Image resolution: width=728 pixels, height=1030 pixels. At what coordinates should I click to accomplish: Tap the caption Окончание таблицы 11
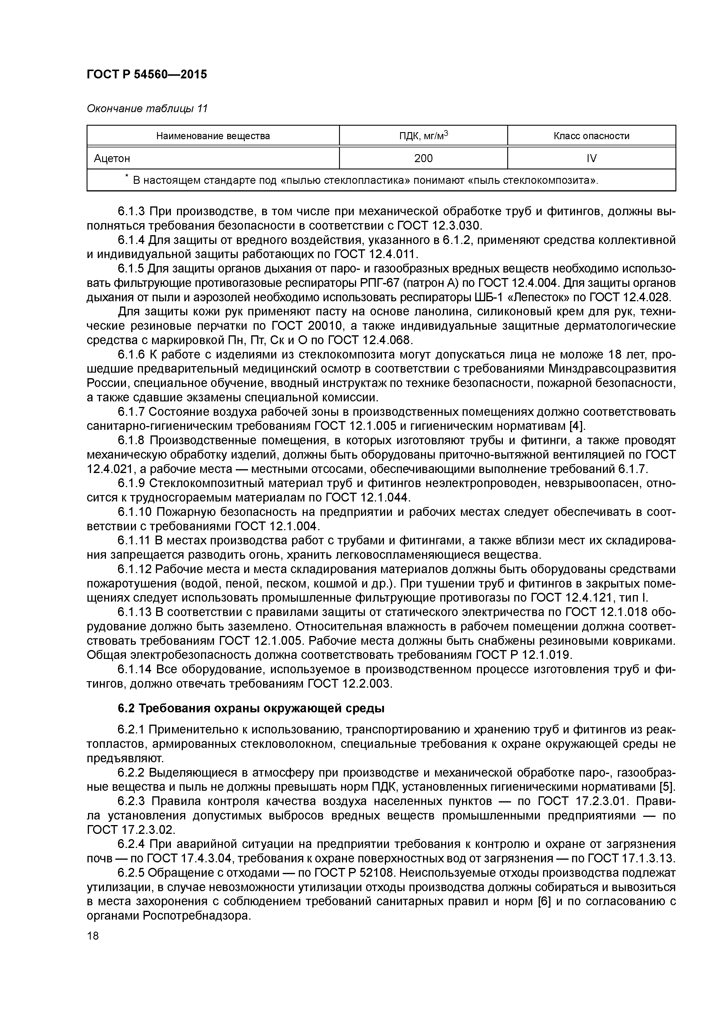tap(147, 109)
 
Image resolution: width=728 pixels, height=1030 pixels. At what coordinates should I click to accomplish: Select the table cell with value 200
tap(423, 158)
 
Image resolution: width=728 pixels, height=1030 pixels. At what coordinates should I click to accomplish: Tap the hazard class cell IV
tap(591, 158)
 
